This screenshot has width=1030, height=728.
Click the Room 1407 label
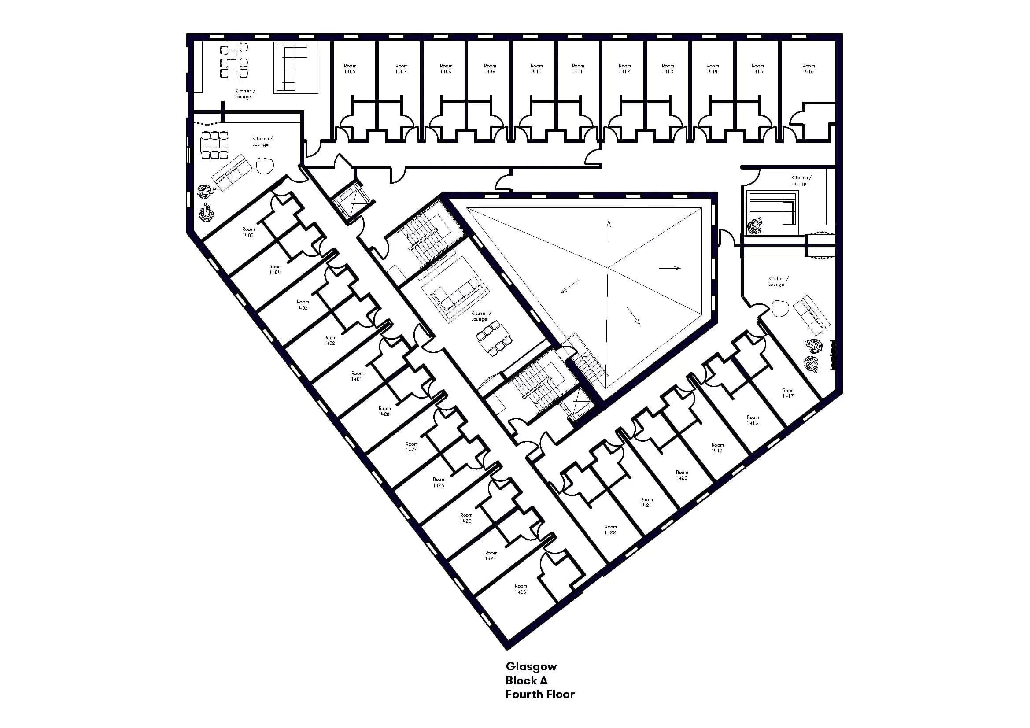401,69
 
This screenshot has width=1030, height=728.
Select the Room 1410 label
536,69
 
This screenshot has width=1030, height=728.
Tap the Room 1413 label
668,69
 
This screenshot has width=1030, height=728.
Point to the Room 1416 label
808,69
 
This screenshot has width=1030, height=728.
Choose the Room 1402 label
330,340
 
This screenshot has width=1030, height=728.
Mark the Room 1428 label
384,411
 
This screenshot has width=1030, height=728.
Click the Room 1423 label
521,589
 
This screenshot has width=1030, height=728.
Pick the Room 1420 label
681,475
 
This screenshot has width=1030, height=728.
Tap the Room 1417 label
788,393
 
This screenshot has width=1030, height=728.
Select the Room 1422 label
610,530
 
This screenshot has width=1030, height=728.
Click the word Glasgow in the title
531,666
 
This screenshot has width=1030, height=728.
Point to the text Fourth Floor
540,695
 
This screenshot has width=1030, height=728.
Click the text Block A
526,680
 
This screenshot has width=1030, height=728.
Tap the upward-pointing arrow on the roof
609,231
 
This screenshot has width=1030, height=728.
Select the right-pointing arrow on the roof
670,268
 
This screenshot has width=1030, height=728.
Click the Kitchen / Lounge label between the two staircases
480,316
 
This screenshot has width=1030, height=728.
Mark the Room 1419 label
717,447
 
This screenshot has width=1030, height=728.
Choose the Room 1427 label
411,447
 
